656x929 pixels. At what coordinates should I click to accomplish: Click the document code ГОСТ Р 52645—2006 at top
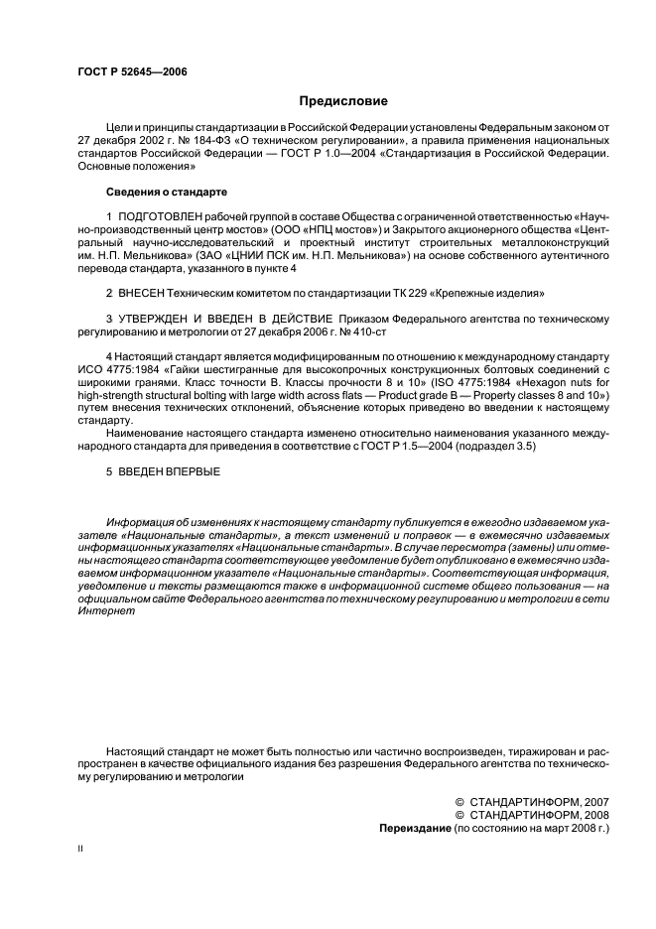(132, 72)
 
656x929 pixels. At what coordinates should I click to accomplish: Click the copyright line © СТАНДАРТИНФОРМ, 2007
(531, 800)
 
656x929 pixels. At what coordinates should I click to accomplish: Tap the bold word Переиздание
(415, 826)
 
